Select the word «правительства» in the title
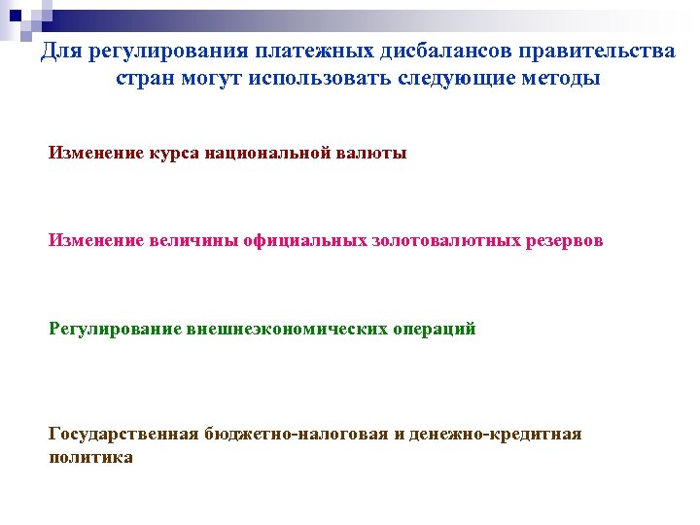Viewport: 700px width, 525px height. click(x=592, y=51)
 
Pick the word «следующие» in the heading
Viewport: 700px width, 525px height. click(x=448, y=78)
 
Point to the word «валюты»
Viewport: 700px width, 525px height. click(x=373, y=153)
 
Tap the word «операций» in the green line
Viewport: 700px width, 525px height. click(x=435, y=329)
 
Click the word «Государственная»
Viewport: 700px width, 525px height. click(x=124, y=434)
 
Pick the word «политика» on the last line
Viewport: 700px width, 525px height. click(x=90, y=456)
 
